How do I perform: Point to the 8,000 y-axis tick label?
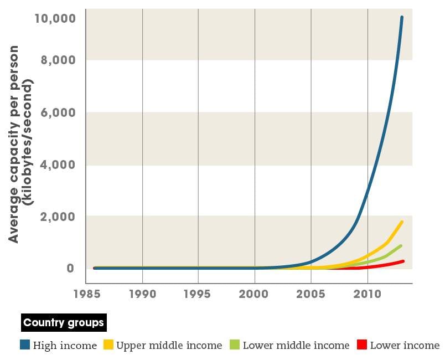tap(58, 60)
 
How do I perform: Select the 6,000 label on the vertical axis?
tap(58, 112)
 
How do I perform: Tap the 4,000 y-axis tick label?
tap(58, 164)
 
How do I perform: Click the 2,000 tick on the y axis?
tap(58, 217)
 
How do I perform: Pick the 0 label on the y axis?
tap(70, 269)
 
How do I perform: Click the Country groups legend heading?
tap(63, 322)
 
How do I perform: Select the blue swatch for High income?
tap(24, 345)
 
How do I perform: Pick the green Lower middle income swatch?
tap(234, 345)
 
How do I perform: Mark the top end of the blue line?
tap(402, 18)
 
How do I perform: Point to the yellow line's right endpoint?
tap(402, 222)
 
